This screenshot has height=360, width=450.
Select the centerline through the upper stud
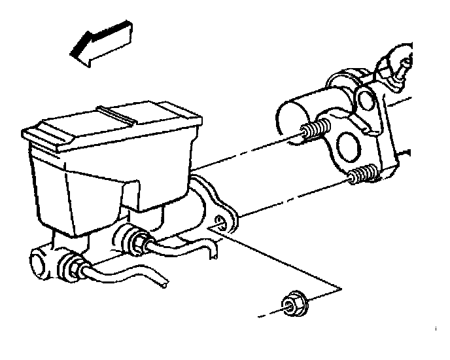tap(249, 157)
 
